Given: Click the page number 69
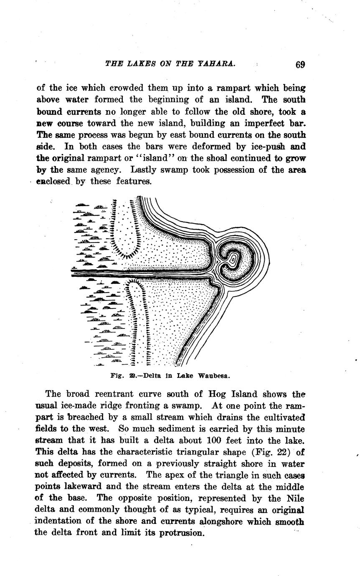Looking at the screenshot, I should coord(300,65).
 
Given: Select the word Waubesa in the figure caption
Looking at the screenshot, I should coord(214,376).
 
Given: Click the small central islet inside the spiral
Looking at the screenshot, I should coord(234,259).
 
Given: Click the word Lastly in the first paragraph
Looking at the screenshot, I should coord(145,170).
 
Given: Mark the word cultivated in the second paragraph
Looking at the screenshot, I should coord(287,417).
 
